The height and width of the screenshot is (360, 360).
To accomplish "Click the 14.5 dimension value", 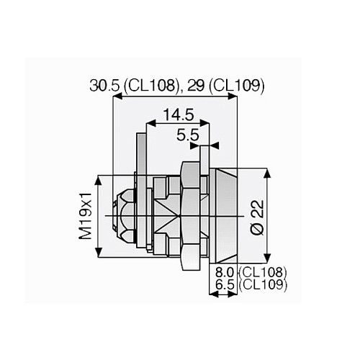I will (176, 114).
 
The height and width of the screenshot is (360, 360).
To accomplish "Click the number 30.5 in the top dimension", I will (105, 86).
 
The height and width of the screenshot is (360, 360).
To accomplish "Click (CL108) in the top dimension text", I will (152, 86).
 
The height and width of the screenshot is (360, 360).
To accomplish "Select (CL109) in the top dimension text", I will (239, 86).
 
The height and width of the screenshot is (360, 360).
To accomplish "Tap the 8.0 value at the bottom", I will (225, 272).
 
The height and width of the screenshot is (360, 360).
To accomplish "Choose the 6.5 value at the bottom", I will (225, 285).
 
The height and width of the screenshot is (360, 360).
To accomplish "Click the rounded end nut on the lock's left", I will (123, 215).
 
